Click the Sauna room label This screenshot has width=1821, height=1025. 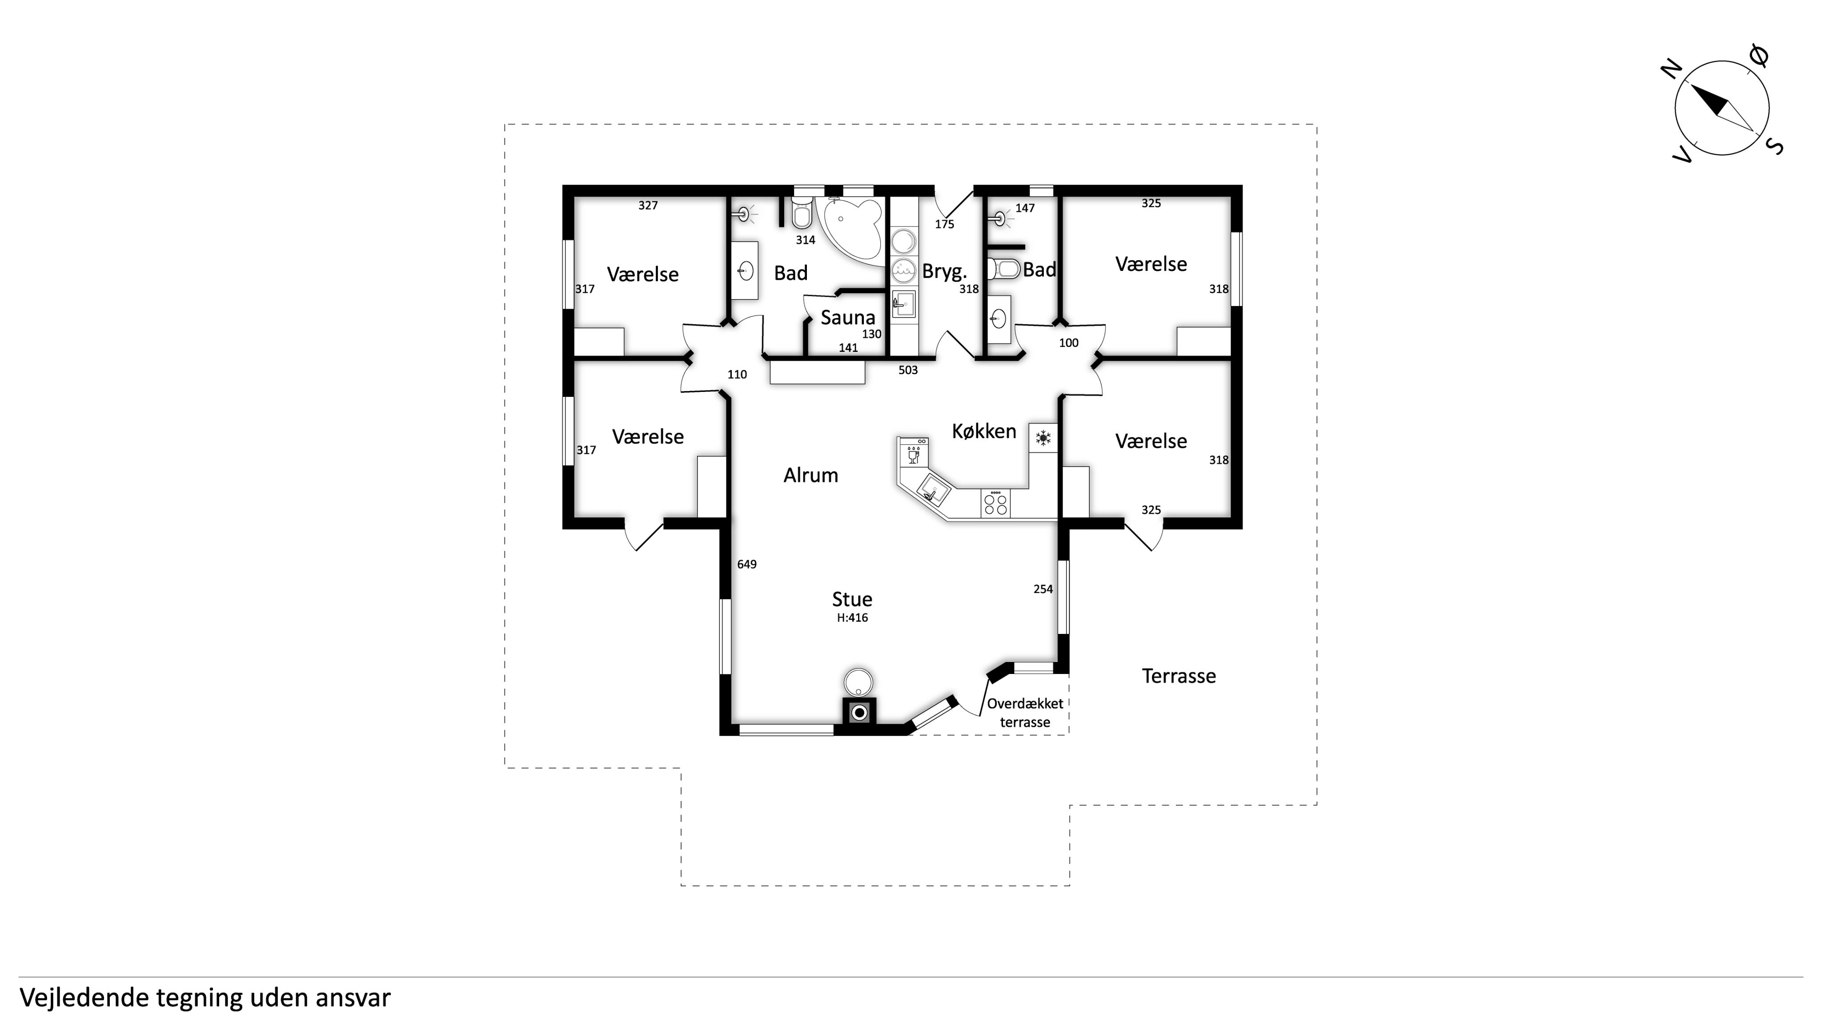[x=847, y=318]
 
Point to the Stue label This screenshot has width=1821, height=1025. [x=852, y=599]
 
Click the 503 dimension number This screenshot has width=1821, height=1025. [x=908, y=370]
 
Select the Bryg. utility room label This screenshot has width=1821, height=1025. [x=944, y=271]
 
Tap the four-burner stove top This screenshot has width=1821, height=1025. [x=995, y=503]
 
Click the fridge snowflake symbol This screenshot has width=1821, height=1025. [x=1043, y=438]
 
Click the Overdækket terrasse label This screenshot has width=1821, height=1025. [x=1025, y=712]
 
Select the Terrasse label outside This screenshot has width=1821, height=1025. [x=1179, y=676]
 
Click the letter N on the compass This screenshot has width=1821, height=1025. [x=1670, y=69]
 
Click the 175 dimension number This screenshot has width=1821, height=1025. [x=944, y=224]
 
